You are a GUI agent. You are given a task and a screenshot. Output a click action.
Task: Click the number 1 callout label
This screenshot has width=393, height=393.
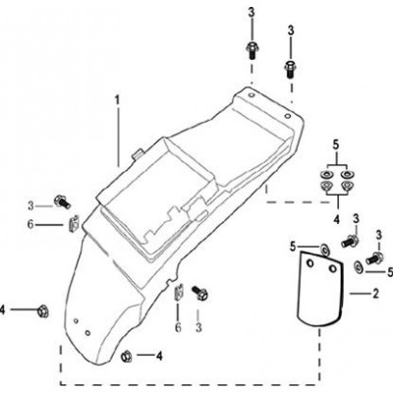pos(117,100)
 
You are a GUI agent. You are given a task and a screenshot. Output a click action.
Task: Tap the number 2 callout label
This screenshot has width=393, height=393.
pos(375,294)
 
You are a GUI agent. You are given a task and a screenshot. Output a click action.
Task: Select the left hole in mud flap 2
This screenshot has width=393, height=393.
pos(309,263)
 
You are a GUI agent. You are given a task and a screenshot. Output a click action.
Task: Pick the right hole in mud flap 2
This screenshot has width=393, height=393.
pos(333,268)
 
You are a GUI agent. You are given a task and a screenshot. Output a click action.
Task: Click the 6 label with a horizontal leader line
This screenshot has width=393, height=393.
pos(30,225)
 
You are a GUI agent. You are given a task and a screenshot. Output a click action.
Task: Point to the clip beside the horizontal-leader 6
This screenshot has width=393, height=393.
pos(75,222)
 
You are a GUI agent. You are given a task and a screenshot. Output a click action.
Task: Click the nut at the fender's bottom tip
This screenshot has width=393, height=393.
pos(126,356)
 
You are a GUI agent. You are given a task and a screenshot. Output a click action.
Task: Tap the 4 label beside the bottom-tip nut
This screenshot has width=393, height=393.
pos(159,356)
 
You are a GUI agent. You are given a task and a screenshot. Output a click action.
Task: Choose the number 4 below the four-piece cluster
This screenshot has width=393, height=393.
pos(337,218)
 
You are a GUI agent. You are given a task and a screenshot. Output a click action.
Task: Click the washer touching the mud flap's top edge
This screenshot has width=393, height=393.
pos(325,250)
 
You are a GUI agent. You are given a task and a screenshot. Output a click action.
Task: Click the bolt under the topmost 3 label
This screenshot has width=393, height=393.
pos(252,50)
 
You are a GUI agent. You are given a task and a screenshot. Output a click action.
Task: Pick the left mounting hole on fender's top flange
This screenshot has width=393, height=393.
pos(252,95)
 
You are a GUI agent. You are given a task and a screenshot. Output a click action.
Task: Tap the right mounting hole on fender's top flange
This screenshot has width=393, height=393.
pos(288,116)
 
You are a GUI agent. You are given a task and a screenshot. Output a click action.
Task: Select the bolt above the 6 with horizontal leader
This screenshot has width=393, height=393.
pos(63,201)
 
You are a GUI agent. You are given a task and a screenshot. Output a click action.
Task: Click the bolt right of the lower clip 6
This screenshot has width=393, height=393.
pos(199,293)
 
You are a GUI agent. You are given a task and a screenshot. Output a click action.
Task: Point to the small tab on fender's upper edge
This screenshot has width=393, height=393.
pos(139,154)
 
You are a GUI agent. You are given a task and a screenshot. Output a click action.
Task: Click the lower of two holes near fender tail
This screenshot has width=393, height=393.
pos(87,333)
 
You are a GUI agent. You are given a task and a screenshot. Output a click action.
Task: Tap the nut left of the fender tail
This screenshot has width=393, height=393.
pos(42,310)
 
